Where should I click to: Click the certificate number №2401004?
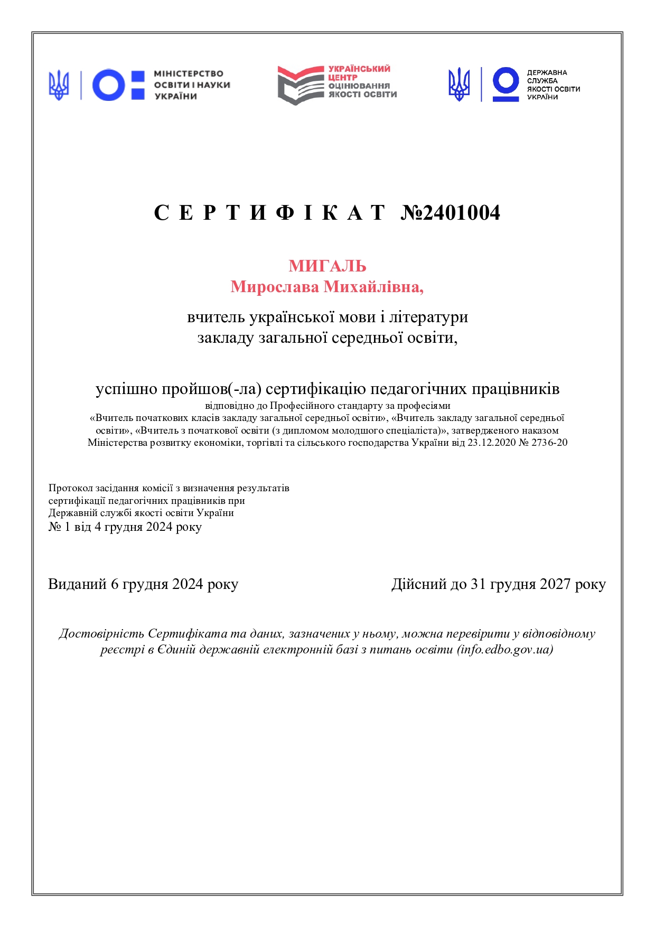450,213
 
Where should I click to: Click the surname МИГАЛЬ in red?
327,266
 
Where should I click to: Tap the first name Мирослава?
275,287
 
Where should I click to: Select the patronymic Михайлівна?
373,287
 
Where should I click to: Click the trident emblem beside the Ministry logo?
59,85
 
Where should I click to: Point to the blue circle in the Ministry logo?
109,85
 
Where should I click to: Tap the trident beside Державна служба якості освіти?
459,85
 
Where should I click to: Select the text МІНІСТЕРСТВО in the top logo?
189,74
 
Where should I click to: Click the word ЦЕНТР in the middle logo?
343,78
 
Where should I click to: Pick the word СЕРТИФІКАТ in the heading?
269,213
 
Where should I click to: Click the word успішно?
126,389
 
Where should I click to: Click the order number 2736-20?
549,443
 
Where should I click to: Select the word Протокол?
70,488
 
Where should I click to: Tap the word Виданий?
77,584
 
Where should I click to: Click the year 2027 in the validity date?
555,584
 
